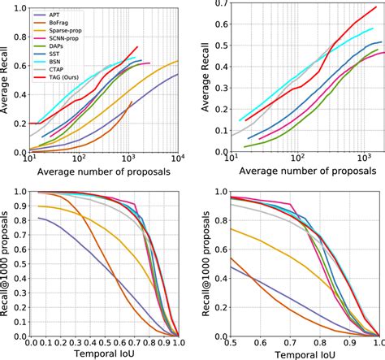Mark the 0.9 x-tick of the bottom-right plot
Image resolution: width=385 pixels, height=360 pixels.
pyautogui.click(x=352, y=342)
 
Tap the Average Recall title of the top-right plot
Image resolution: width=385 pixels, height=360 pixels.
pyautogui.click(x=201, y=78)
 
